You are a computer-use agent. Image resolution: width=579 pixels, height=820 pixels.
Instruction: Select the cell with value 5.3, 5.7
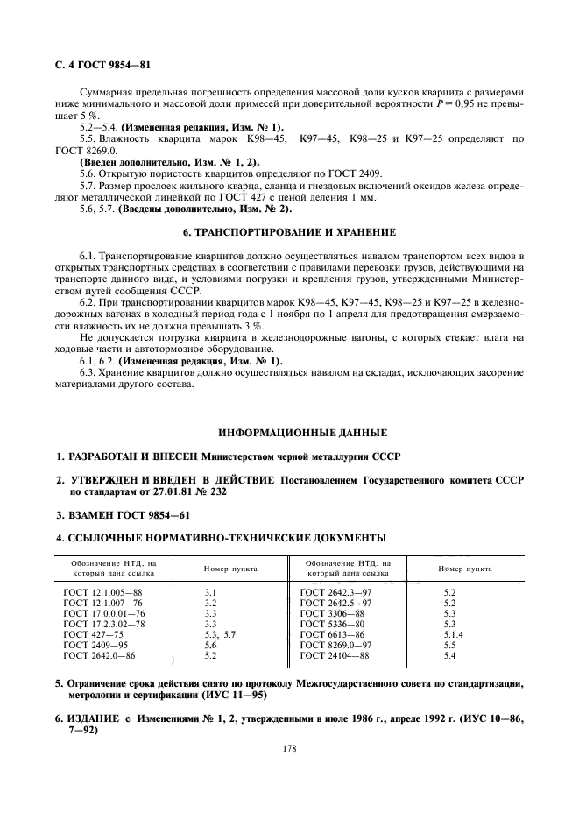pos(221,633)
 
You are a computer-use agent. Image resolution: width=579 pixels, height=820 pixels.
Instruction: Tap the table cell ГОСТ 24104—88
pos(334,655)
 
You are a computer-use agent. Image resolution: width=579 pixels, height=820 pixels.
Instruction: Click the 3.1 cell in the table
pos(210,593)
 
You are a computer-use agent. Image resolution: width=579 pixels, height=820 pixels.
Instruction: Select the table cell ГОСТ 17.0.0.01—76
pos(104,613)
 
